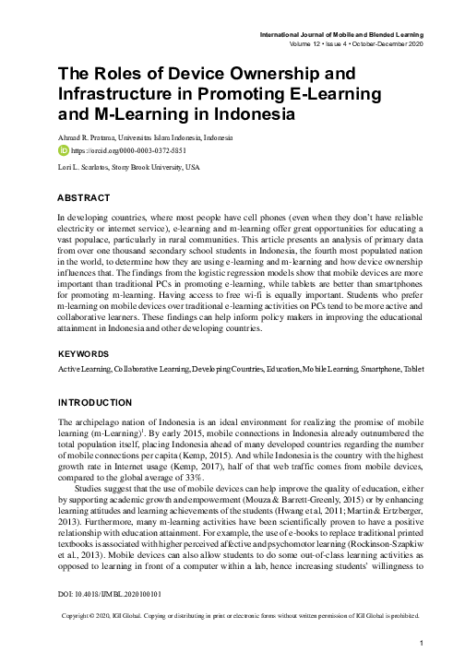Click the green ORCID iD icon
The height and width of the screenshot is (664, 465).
click(x=63, y=149)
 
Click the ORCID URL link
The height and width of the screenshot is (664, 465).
click(x=118, y=149)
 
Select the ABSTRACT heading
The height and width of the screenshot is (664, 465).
click(x=85, y=198)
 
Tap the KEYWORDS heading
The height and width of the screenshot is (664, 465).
click(x=88, y=354)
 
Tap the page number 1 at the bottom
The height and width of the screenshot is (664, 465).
click(x=421, y=642)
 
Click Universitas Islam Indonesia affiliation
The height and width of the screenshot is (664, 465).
click(x=190, y=136)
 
